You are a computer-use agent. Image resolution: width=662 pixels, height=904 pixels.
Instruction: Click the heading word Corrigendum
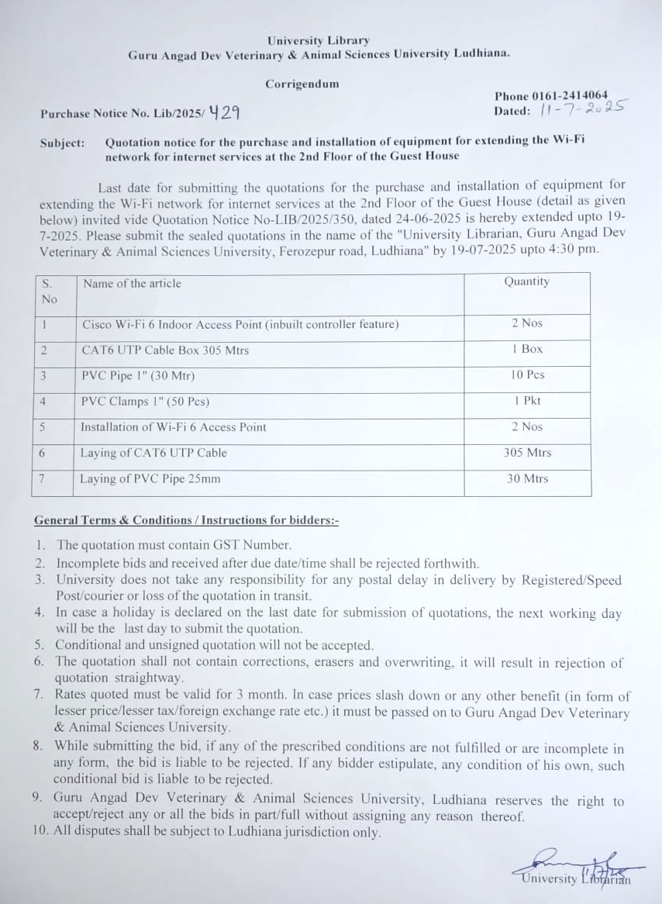[x=302, y=84]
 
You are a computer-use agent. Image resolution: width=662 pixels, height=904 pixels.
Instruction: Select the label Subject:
[x=63, y=143]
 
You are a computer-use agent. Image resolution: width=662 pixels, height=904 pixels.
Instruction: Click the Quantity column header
[x=526, y=281]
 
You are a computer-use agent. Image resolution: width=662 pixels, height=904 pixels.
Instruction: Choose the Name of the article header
[x=132, y=283]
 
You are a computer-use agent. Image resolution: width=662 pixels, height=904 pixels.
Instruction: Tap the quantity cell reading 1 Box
[x=527, y=349]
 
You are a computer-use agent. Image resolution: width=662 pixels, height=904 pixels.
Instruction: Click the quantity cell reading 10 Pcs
[x=527, y=374]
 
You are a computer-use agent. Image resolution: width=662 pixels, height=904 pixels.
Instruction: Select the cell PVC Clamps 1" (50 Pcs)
[x=145, y=402]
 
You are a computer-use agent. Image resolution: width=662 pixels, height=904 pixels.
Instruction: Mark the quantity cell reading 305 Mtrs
[x=527, y=452]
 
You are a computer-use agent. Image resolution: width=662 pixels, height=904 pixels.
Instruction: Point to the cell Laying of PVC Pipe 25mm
[x=150, y=478]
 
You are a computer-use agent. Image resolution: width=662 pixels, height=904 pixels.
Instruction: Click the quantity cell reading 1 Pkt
[x=527, y=401]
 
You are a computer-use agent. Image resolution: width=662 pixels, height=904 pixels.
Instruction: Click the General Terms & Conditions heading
[x=186, y=520]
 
